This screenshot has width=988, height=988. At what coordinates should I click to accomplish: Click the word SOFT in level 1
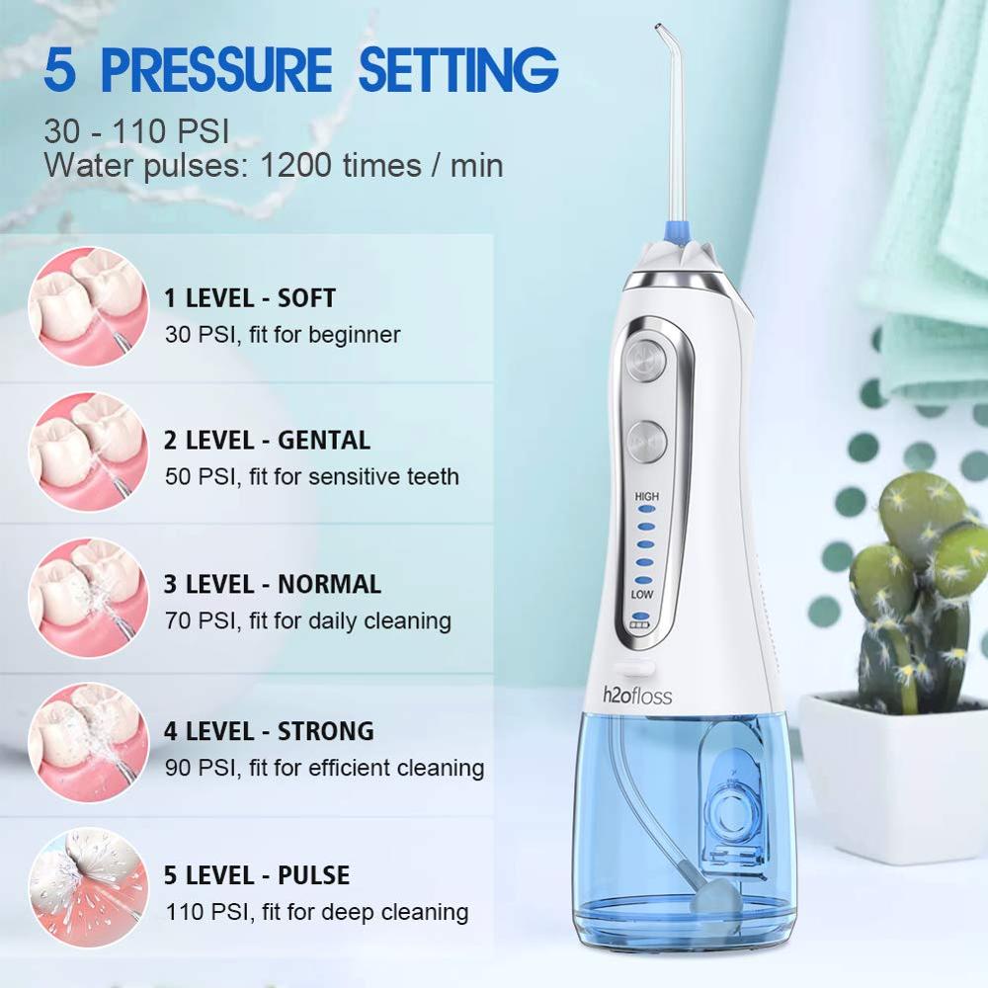point(306,298)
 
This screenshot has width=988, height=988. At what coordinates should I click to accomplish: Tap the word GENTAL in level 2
point(324,441)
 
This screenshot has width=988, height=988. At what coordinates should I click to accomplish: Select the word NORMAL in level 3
point(330,584)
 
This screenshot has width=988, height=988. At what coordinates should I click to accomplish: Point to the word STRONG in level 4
point(326,731)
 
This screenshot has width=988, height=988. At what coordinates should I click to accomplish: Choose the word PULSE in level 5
point(314,875)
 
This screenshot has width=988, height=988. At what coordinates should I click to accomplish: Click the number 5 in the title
point(60,70)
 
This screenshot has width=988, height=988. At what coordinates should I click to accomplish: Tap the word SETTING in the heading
point(458,69)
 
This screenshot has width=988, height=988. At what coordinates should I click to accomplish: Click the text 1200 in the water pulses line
point(295,165)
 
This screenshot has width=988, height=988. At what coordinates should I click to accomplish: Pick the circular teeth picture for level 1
point(88,306)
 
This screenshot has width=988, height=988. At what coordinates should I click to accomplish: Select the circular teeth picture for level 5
point(88,887)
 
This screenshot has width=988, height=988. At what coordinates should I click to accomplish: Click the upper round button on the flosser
point(645,361)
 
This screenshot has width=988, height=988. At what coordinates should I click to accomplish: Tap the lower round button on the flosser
point(646,441)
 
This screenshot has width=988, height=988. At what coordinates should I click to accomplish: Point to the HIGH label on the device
point(646,497)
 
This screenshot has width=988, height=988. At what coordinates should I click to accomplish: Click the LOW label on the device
point(642,594)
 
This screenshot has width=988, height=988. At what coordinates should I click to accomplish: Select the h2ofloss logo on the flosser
point(637,696)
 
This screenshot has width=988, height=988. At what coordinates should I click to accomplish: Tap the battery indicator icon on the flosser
point(639,625)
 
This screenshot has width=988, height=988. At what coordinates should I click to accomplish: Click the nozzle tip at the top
point(658,27)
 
